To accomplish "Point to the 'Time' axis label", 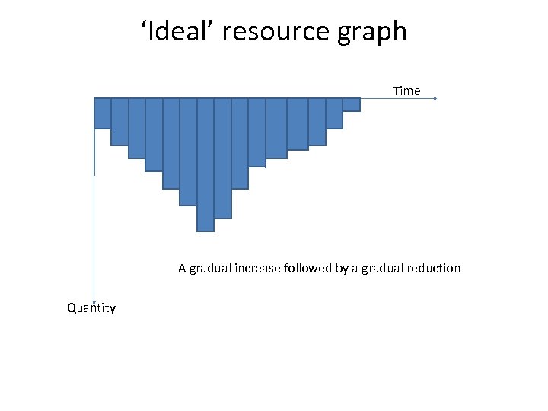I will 406,91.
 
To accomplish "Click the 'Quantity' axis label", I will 91,308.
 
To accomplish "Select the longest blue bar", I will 205,164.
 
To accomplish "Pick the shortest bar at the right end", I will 351,105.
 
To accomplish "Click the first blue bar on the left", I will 102,113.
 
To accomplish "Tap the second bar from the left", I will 119,121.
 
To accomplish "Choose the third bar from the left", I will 137,128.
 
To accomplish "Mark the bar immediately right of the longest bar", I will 223,158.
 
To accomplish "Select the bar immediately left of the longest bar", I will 188,151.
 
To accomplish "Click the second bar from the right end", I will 334,113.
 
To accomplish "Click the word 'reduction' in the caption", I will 434,268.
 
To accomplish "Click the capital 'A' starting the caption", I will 182,268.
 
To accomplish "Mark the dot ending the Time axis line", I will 435,99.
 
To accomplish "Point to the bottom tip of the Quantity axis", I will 94,303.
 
